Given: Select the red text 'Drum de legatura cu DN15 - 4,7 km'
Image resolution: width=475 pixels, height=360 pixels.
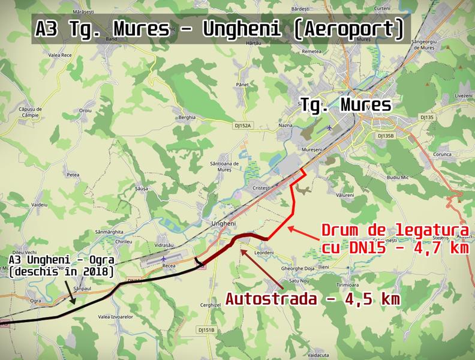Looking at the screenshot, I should [395, 239].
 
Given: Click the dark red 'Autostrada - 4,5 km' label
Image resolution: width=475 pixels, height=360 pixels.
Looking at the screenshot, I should [312, 298].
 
